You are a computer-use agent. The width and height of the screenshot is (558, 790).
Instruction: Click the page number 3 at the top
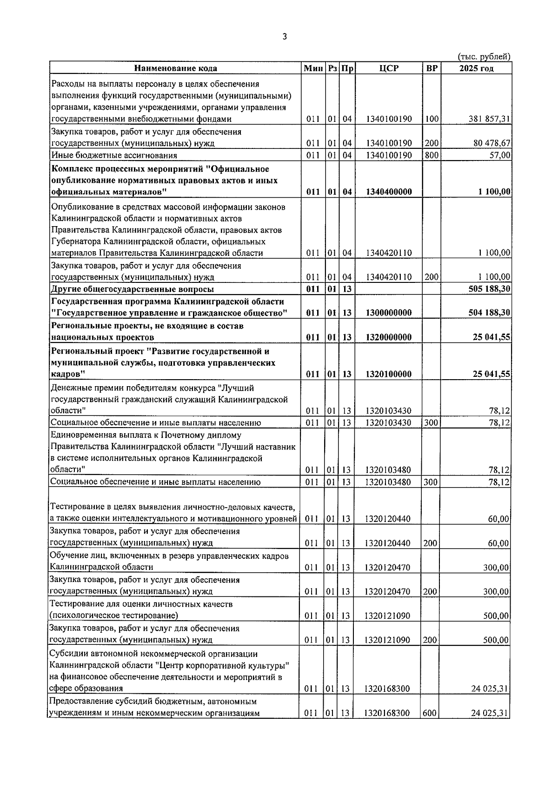[285, 37]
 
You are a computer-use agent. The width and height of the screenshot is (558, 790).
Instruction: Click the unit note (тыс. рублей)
[484, 57]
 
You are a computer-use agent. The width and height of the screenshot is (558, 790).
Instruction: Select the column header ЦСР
[389, 68]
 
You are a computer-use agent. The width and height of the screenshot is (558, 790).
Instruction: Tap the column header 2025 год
[476, 68]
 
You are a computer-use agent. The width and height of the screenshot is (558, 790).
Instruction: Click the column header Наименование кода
[176, 68]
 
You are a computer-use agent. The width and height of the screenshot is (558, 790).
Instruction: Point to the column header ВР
[432, 68]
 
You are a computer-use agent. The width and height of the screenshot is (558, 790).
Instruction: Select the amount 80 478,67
[492, 143]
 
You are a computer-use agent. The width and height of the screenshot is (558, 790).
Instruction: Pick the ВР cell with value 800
[432, 155]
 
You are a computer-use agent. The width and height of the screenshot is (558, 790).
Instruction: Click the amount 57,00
[500, 155]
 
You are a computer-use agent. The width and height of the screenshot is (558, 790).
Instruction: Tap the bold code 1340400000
[389, 192]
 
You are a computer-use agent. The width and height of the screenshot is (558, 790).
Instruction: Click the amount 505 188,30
[489, 289]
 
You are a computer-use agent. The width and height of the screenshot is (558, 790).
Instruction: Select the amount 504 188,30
[489, 313]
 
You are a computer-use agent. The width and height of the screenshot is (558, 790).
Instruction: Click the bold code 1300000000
[389, 313]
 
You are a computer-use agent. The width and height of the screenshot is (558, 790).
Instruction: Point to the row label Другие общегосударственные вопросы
[133, 289]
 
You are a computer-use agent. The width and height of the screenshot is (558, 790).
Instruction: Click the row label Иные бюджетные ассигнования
[114, 155]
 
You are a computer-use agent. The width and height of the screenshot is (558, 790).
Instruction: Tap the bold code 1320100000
[389, 374]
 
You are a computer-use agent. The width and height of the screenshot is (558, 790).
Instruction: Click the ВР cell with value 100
[432, 119]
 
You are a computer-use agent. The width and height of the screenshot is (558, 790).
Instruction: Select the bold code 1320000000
[389, 337]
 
